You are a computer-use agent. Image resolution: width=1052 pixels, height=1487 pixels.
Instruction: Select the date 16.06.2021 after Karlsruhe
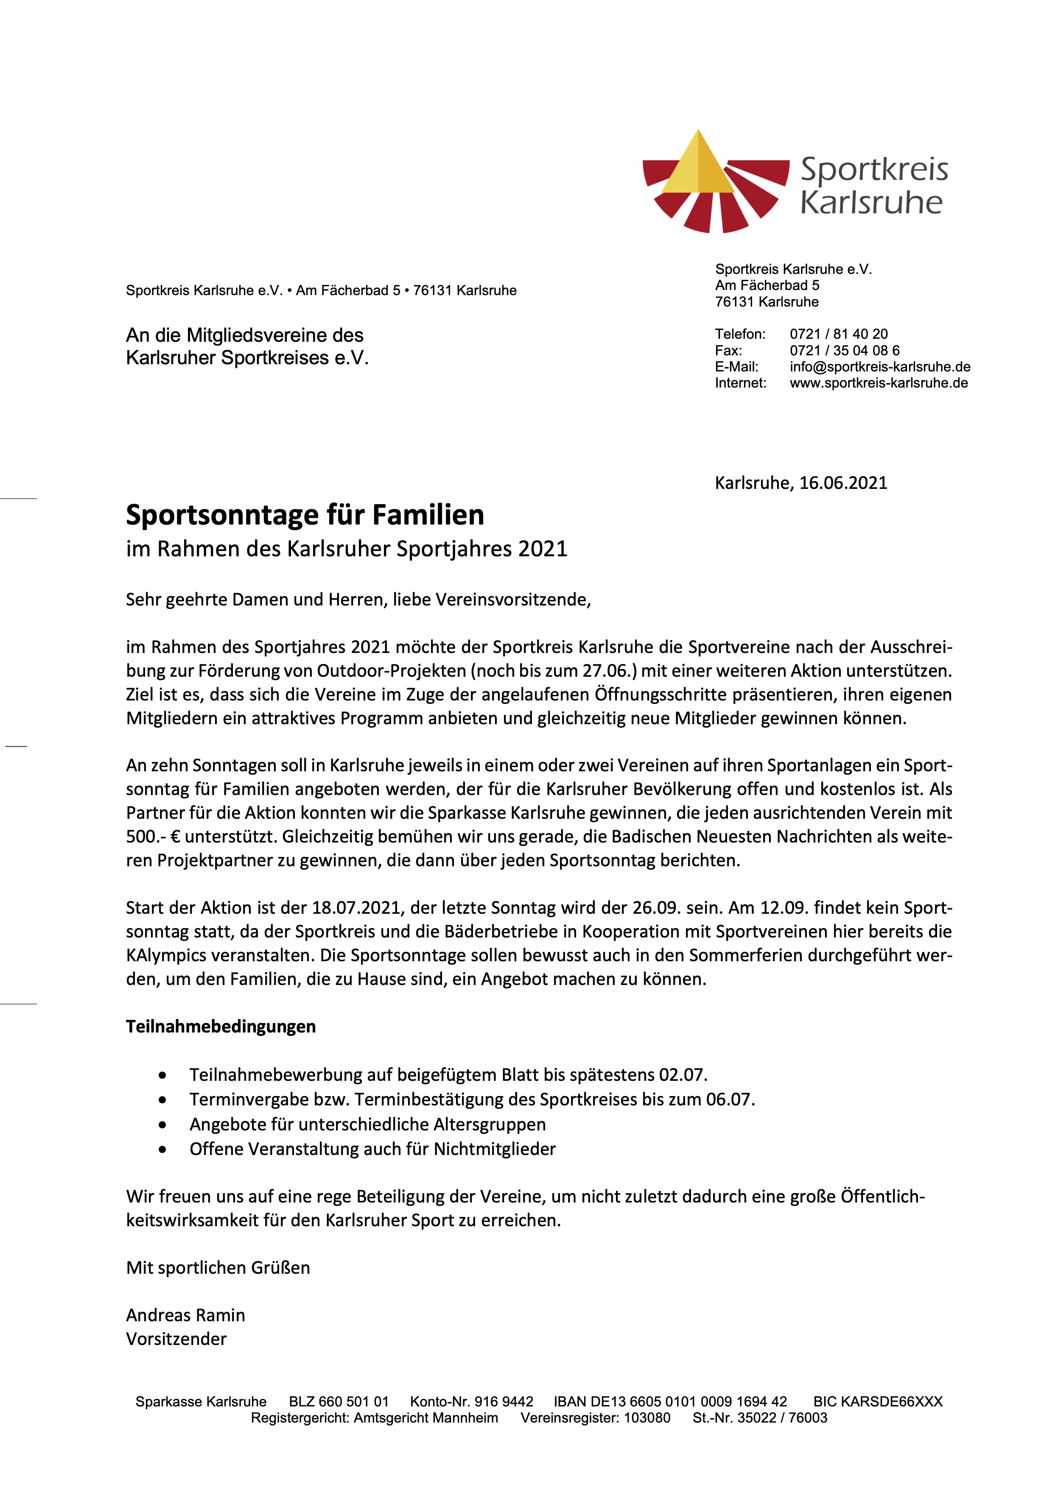pyautogui.click(x=843, y=483)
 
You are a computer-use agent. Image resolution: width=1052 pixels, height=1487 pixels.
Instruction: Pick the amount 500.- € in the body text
pyautogui.click(x=153, y=837)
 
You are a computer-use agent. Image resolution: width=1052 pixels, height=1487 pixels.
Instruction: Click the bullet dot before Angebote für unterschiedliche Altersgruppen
pyautogui.click(x=162, y=1125)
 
